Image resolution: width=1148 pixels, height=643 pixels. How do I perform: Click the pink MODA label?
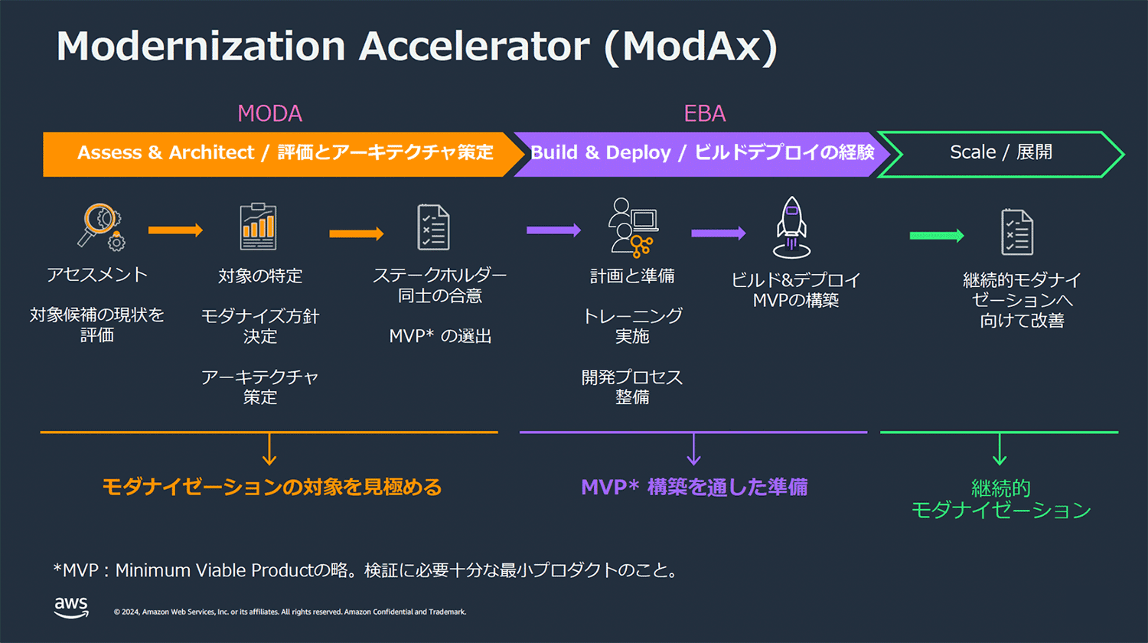pyautogui.click(x=269, y=113)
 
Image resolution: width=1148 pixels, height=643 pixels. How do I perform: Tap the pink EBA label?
pyautogui.click(x=704, y=113)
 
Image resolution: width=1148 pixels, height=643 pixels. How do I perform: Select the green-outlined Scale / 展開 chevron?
pyautogui.click(x=1000, y=153)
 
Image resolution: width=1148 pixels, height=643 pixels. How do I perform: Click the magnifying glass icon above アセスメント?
pyautogui.click(x=100, y=227)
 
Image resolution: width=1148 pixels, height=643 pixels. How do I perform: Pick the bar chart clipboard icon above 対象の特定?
pyautogui.click(x=258, y=227)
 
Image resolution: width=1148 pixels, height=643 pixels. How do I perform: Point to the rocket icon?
pyautogui.click(x=791, y=227)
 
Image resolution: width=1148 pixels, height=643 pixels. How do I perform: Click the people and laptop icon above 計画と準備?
pyautogui.click(x=633, y=226)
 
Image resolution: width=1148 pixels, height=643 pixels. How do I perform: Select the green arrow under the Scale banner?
pyautogui.click(x=936, y=236)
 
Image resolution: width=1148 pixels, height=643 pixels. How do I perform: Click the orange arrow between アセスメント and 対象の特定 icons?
pyautogui.click(x=175, y=230)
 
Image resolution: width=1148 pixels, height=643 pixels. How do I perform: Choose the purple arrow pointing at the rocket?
pyautogui.click(x=718, y=233)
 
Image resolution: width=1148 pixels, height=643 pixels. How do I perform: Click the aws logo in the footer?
pyautogui.click(x=71, y=607)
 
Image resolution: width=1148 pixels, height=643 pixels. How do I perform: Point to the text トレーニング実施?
pyautogui.click(x=632, y=325)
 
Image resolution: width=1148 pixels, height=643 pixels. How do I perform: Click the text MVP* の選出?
pyautogui.click(x=440, y=336)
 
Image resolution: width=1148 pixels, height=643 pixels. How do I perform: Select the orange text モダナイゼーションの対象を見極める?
pyautogui.click(x=272, y=487)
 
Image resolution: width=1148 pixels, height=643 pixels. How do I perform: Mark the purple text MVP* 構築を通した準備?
pyautogui.click(x=694, y=487)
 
